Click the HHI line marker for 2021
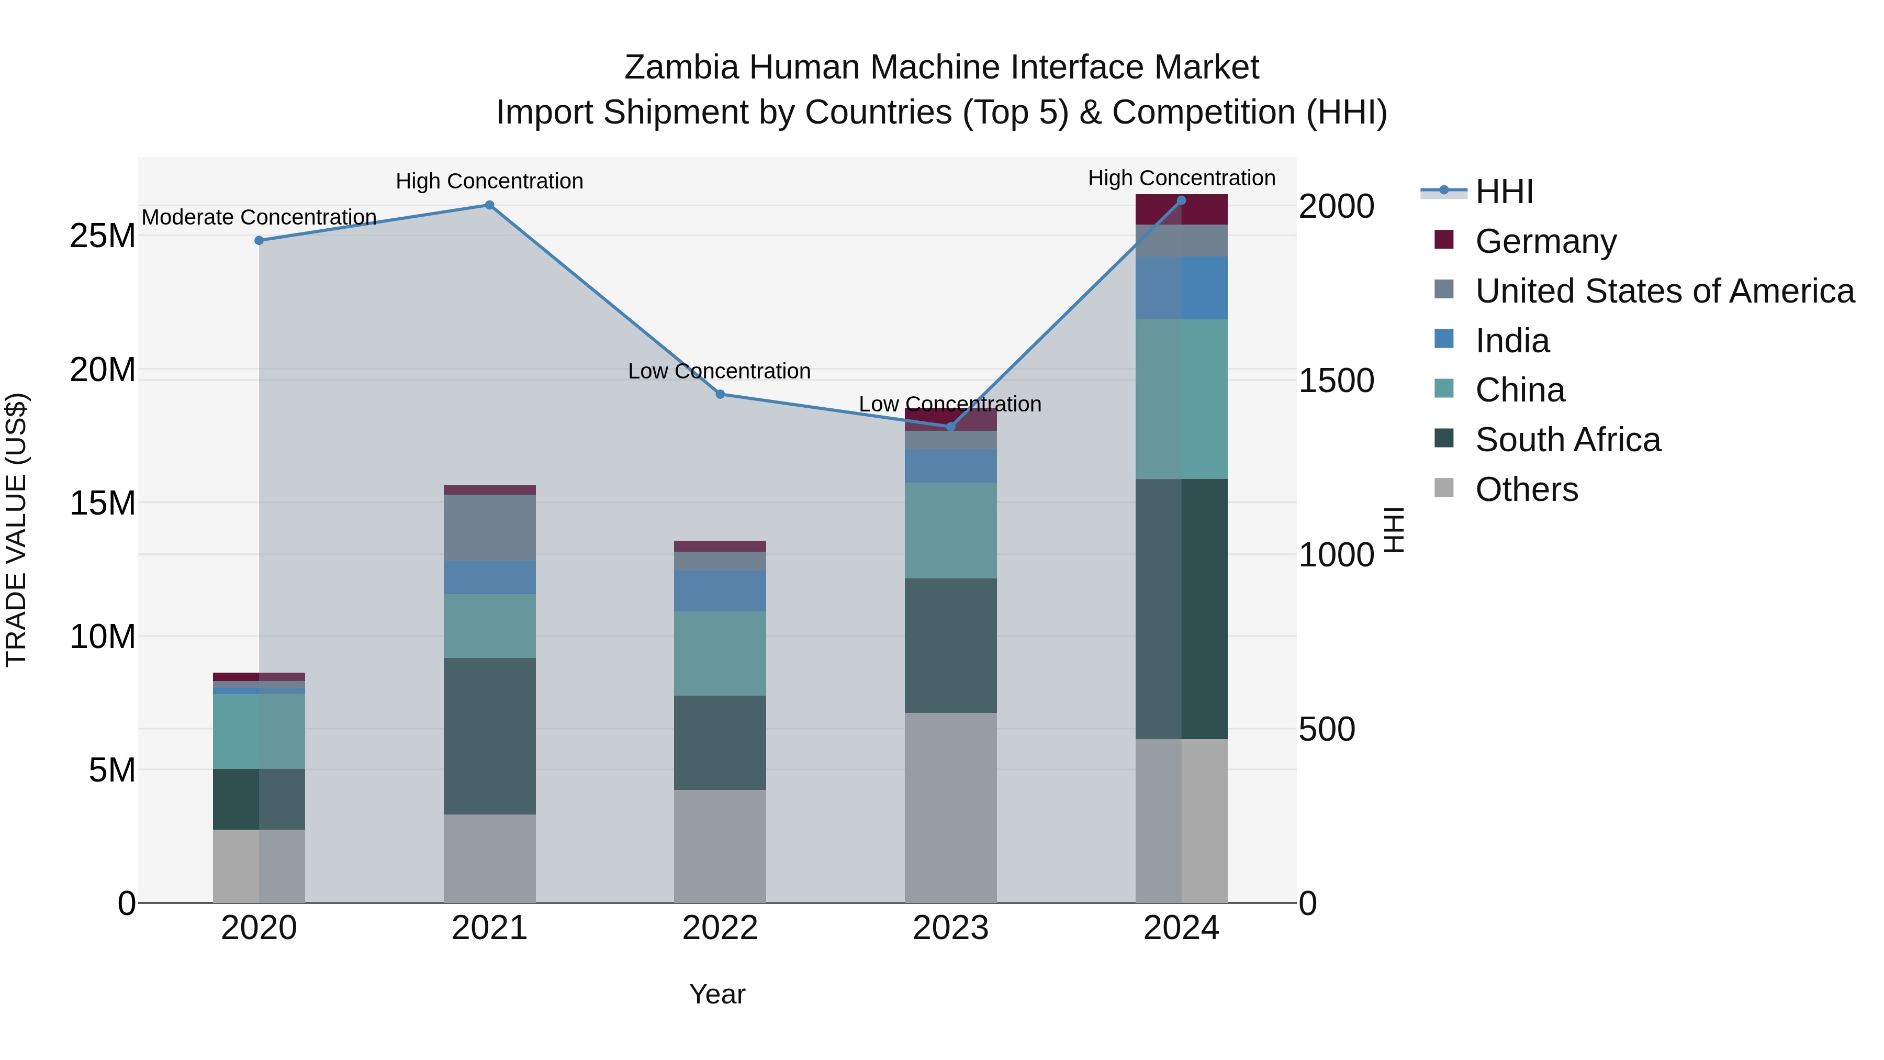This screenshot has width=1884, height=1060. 489,205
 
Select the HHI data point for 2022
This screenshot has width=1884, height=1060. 720,394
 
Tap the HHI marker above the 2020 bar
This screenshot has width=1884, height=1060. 259,240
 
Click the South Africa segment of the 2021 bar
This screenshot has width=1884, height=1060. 489,735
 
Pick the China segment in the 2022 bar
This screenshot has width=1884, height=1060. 720,653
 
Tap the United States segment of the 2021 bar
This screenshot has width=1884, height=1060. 489,528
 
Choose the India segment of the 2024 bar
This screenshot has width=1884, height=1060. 1181,287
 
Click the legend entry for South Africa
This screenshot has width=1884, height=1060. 1567,440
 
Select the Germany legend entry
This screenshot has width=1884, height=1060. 1545,241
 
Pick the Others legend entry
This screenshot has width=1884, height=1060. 1527,489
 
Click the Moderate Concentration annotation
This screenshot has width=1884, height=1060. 259,217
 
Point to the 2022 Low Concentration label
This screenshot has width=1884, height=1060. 719,371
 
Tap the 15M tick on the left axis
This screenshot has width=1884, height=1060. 103,503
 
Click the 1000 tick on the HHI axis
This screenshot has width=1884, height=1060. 1336,554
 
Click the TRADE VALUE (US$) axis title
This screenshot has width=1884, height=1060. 16,530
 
